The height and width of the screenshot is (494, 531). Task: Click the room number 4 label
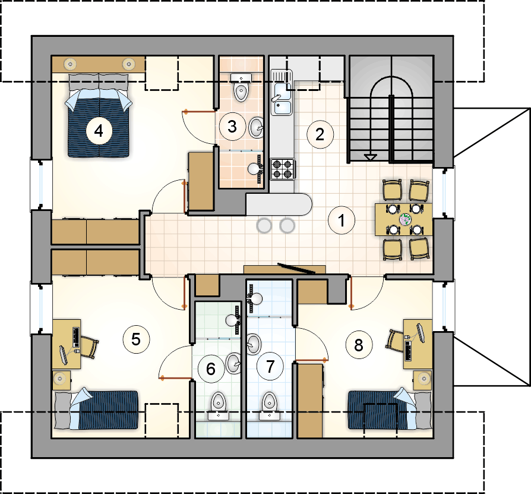(99, 131)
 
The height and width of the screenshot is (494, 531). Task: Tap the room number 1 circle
(342, 221)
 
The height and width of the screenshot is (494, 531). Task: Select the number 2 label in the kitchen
(320, 134)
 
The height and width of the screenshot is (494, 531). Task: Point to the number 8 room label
(359, 345)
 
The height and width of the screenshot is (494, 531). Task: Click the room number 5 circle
(136, 339)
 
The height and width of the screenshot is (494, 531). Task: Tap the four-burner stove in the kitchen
(283, 169)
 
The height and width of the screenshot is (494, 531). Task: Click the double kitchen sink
(281, 93)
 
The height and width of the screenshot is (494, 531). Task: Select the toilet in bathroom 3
(241, 88)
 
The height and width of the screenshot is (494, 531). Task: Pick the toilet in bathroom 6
(218, 406)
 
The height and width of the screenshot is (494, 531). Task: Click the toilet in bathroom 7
(270, 406)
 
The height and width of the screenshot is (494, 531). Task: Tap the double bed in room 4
(99, 115)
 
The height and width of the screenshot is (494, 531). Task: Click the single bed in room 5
(96, 410)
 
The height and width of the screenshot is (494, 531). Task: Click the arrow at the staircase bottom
(371, 157)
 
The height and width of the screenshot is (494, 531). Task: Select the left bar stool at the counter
(264, 226)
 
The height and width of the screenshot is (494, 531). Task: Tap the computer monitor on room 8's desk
(421, 333)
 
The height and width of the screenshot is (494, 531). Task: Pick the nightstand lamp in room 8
(423, 378)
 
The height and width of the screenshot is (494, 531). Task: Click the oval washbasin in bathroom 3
(257, 127)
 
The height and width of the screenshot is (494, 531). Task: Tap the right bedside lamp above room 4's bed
(128, 64)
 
